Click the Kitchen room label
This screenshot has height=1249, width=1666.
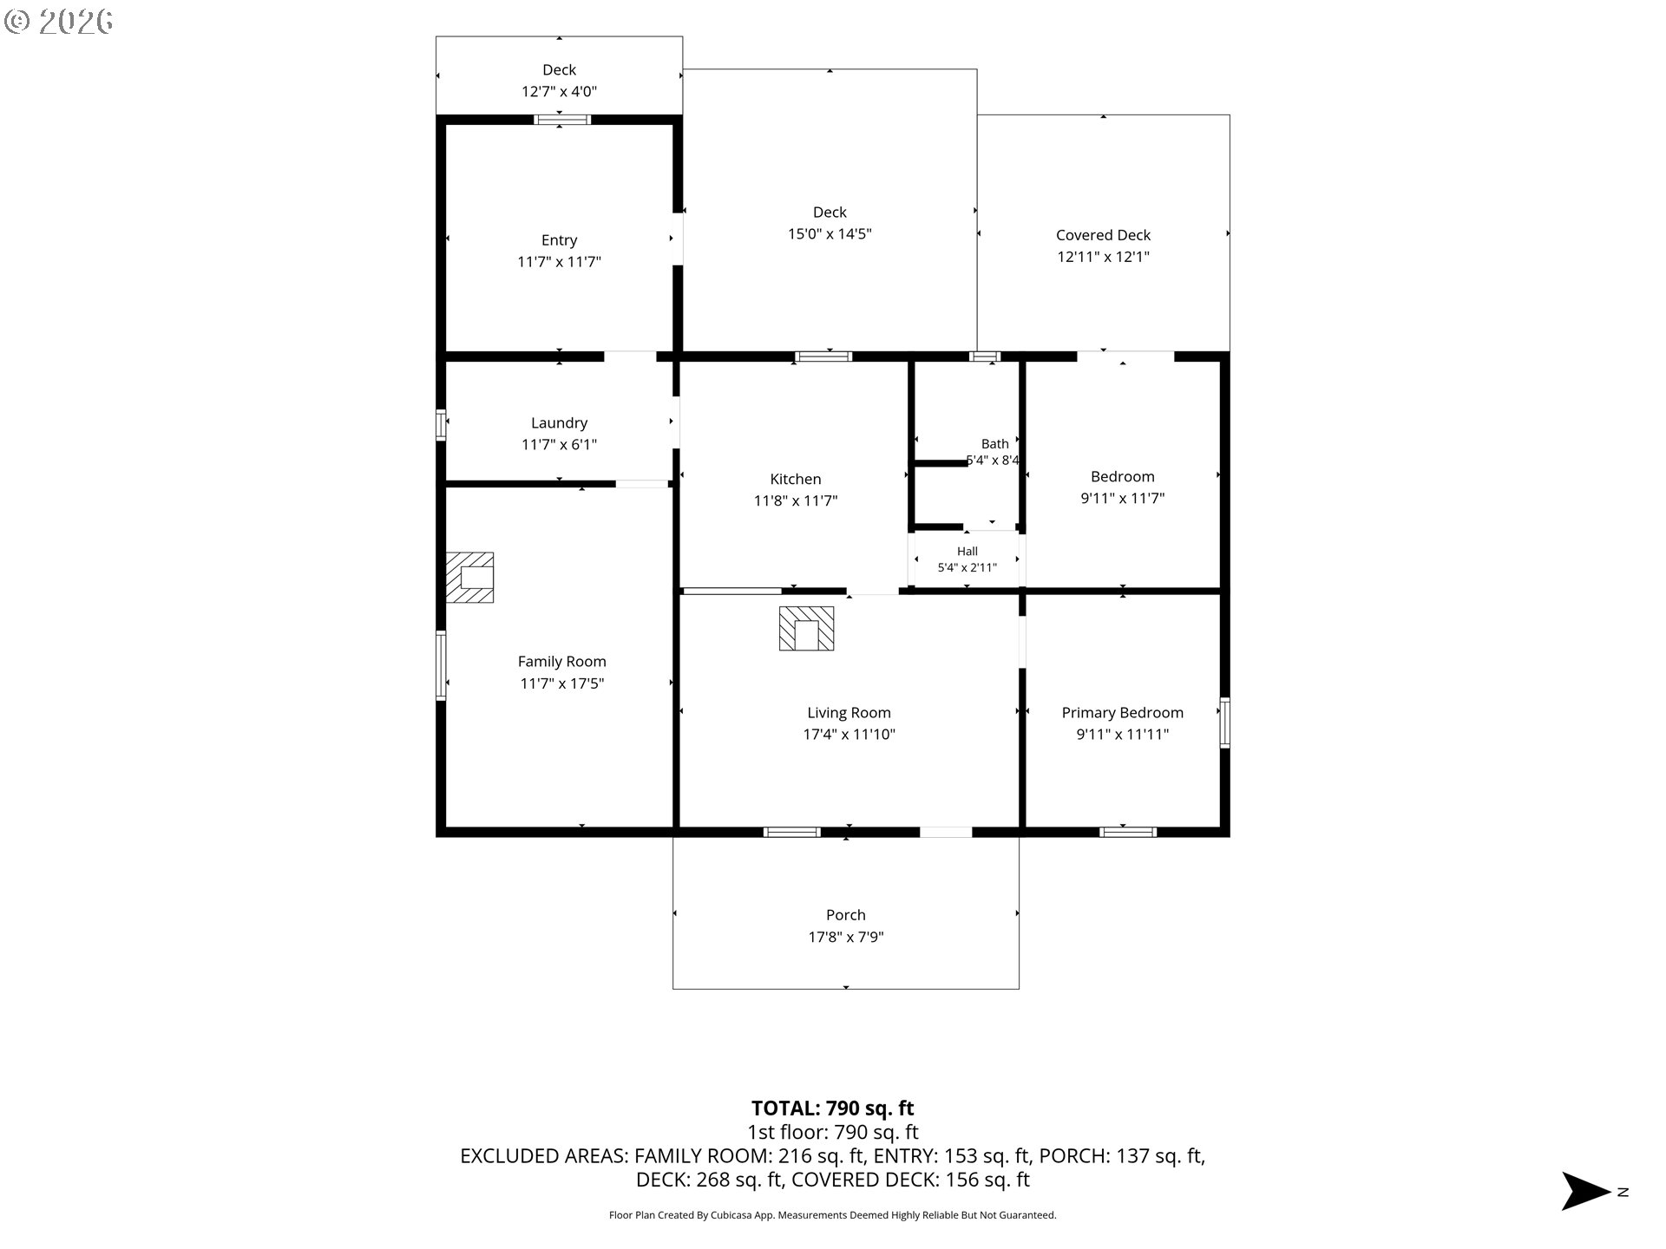(x=795, y=479)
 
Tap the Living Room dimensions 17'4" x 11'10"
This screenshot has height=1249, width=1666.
(x=849, y=735)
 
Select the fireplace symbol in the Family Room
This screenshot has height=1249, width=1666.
(x=469, y=577)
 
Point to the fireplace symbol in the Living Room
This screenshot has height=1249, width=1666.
(x=806, y=628)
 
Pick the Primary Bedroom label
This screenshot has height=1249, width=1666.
(x=1122, y=713)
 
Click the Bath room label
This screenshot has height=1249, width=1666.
(x=994, y=443)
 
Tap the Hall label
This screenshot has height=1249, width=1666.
(x=967, y=551)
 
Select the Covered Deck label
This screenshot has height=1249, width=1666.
(x=1103, y=235)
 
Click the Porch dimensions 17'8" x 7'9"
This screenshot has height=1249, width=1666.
(x=846, y=937)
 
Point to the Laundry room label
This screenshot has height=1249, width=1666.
(x=559, y=422)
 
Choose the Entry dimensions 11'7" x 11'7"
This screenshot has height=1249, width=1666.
(x=559, y=262)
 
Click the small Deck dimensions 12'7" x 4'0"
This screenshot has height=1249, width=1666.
(x=559, y=91)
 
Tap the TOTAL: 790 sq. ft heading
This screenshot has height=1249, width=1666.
(x=832, y=1108)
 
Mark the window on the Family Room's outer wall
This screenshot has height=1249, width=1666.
(x=441, y=665)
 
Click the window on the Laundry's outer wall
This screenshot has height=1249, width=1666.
(x=441, y=424)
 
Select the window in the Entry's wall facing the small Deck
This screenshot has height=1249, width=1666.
(x=561, y=120)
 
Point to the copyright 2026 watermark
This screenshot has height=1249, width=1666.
(x=58, y=22)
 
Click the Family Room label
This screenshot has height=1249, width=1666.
(x=561, y=662)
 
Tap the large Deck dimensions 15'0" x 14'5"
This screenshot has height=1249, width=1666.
(x=830, y=234)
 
